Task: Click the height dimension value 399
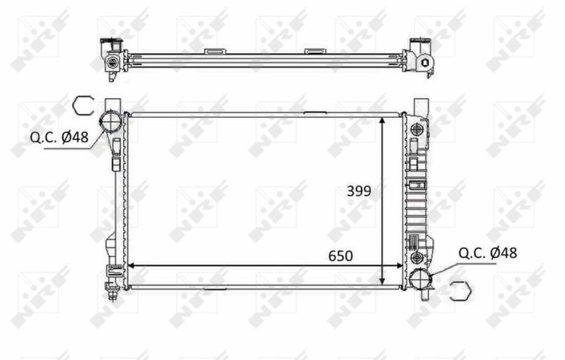[x=359, y=191]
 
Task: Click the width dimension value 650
[x=340, y=256]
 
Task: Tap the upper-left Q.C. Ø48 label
[x=59, y=137]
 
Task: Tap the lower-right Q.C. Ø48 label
[x=487, y=253]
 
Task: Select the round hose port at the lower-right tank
[x=420, y=280]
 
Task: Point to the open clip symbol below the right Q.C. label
[x=462, y=291]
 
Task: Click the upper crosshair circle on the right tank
[x=417, y=128]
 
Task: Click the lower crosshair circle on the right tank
[x=417, y=257]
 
